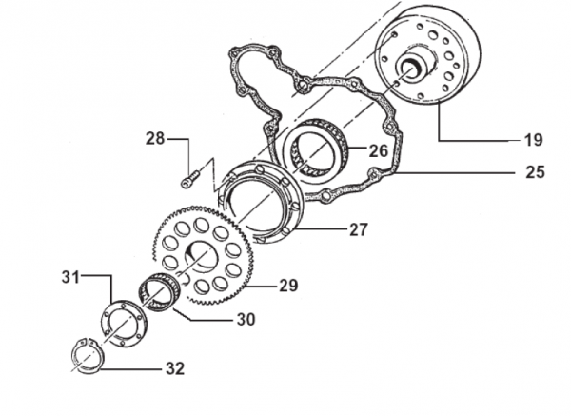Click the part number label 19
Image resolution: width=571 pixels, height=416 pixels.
(534, 140)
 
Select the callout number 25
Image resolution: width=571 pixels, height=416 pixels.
(535, 172)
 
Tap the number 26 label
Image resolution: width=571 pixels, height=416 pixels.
(379, 150)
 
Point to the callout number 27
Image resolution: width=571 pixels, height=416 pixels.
(359, 229)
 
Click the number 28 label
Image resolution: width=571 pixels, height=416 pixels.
(155, 138)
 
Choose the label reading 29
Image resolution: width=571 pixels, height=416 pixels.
(288, 286)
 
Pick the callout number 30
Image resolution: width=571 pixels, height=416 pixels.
(246, 320)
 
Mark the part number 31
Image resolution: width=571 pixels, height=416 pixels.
(70, 277)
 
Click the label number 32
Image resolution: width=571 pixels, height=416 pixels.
(175, 368)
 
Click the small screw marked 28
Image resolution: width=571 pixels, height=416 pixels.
(190, 180)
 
